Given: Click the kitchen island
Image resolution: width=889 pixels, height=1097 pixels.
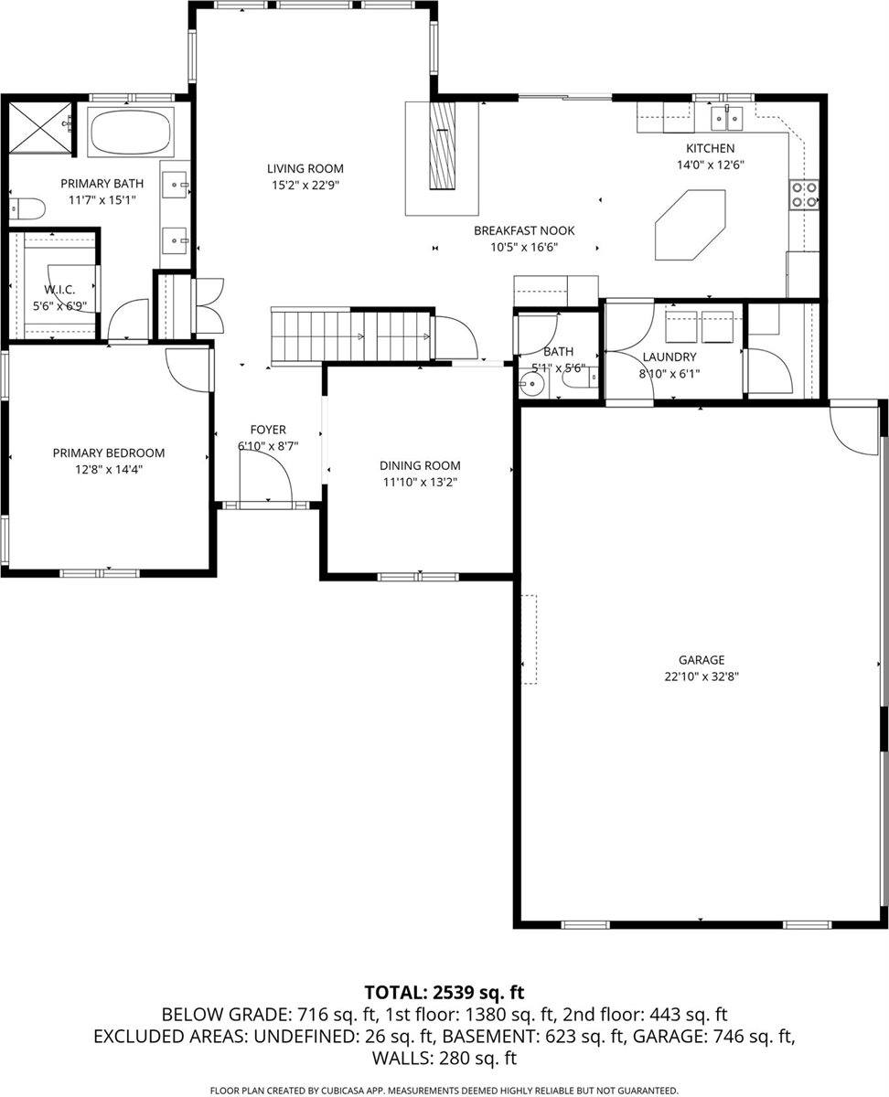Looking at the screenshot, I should tap(691, 225).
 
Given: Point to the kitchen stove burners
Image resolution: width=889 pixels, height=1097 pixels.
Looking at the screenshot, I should tap(804, 194).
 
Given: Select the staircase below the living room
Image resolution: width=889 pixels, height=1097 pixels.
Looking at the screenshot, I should tap(352, 335).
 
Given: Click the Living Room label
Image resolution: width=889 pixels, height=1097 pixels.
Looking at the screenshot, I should tap(305, 168).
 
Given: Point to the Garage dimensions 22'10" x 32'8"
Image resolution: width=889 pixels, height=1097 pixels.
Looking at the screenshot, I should tap(702, 676).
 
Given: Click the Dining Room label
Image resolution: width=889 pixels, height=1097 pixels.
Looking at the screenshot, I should tap(420, 465).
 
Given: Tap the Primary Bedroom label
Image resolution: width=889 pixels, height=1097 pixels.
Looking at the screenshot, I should tap(108, 453).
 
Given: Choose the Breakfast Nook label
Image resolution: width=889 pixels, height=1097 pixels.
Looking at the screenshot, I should tap(524, 230).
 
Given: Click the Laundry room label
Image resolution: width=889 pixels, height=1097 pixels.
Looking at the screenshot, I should tap(669, 357).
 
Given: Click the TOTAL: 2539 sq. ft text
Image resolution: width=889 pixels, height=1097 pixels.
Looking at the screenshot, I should tap(444, 992).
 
